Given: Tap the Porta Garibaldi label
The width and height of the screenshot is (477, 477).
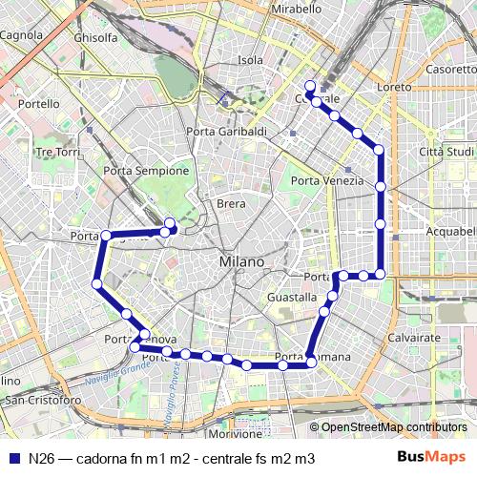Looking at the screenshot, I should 226,132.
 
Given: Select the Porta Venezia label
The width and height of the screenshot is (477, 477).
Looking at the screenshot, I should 327,181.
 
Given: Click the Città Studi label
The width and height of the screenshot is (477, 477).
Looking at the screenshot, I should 446,152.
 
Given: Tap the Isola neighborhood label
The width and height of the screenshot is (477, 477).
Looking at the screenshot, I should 250,60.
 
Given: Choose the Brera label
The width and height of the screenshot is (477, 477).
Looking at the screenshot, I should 231,203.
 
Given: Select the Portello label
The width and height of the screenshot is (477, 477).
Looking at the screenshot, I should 38,104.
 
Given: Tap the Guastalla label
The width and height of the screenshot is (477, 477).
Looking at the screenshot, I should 292,298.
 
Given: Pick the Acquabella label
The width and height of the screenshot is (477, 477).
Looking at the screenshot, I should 450,232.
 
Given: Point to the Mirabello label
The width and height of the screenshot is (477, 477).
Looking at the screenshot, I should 297,9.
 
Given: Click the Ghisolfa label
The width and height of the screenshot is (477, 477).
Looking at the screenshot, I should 95,38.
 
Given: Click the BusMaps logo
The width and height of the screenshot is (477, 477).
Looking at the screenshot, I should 433,458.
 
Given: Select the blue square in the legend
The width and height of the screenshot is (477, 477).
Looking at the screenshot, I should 13,459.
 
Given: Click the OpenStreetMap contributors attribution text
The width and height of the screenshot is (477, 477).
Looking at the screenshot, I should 393,427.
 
